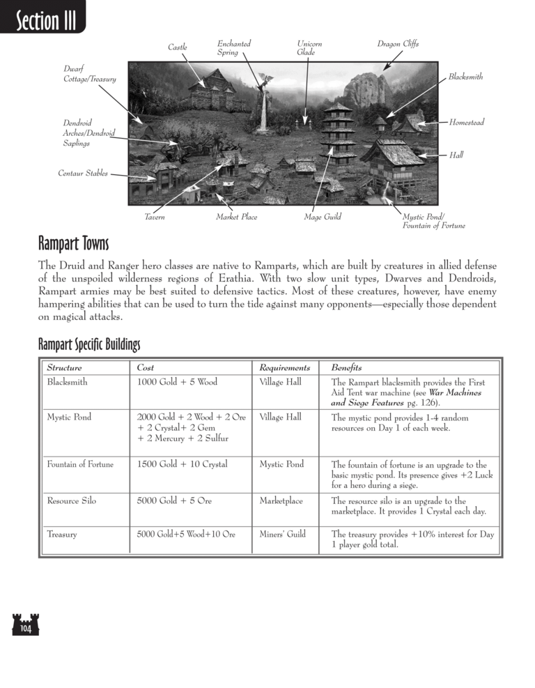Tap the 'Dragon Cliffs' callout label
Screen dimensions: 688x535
(398, 45)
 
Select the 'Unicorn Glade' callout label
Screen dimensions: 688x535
(309, 48)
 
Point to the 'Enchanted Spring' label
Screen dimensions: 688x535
(234, 48)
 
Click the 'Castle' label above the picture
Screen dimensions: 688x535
(178, 47)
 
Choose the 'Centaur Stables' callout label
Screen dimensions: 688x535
(83, 174)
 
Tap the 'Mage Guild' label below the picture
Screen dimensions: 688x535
(323, 217)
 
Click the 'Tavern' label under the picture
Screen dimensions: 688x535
(155, 217)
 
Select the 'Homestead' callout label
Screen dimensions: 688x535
(466, 123)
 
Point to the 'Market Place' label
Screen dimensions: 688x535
(236, 217)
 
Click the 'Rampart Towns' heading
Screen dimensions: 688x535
(73, 245)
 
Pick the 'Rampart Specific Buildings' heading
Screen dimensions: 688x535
(89, 344)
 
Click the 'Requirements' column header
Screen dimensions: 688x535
(284, 368)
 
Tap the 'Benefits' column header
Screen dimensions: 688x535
(346, 368)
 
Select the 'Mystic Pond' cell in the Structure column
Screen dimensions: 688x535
(69, 418)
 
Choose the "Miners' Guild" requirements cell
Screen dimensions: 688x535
(282, 535)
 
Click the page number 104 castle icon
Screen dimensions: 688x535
(25, 624)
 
